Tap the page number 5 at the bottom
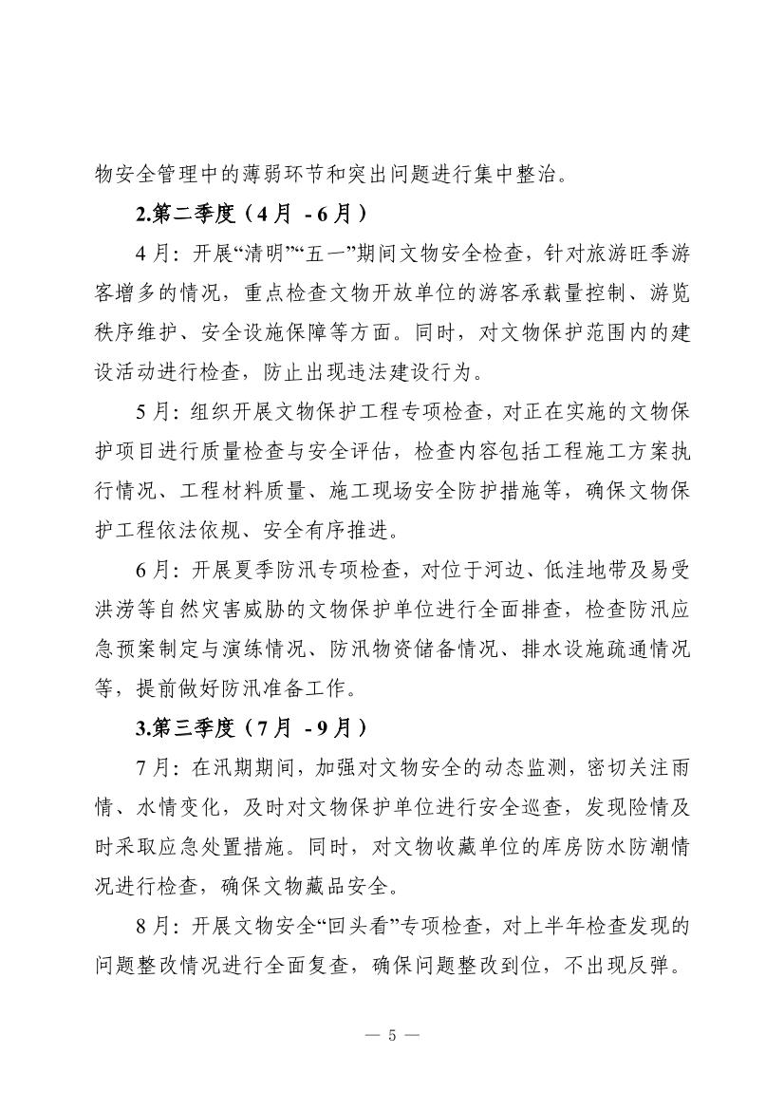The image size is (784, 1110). click(391, 1034)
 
